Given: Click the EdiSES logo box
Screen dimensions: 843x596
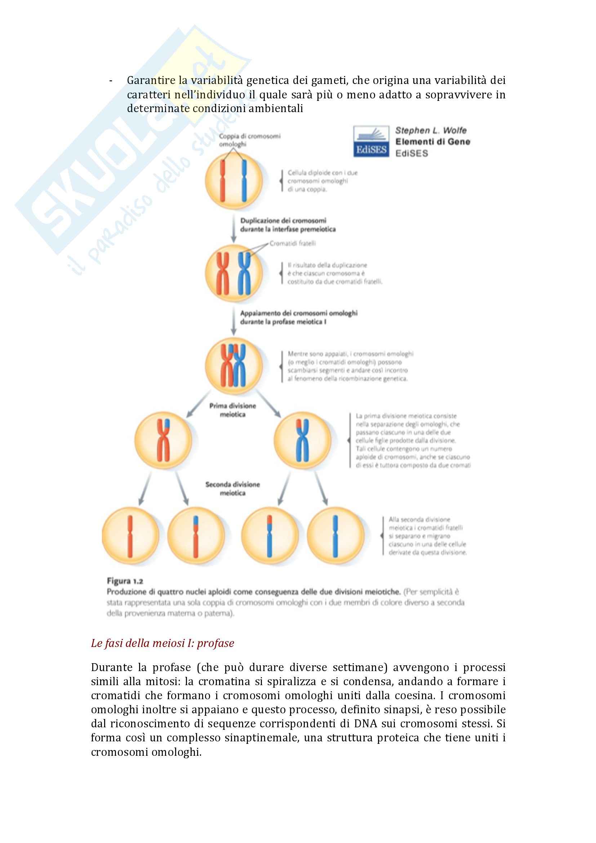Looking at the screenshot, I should pos(371,141).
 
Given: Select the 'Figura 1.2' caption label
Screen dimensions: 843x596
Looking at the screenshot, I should pos(125,581).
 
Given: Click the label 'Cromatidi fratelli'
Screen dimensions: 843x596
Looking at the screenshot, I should pos(293,243).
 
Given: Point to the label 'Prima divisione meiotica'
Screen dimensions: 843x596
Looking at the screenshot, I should pos(233,410).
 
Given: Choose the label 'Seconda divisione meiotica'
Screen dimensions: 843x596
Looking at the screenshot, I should pos(233,488).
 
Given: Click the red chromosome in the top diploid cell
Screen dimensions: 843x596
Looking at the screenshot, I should pos(222,181).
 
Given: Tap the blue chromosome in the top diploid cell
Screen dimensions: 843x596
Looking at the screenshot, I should pos(243,181).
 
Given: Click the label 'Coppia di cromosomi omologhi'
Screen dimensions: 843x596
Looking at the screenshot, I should pos(250,140).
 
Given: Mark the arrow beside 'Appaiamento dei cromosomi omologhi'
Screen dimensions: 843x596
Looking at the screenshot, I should pos(233,320).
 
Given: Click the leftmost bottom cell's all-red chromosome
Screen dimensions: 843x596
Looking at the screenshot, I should pos(130,536).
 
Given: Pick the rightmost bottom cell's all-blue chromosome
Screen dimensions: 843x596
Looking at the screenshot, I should pos(335,536).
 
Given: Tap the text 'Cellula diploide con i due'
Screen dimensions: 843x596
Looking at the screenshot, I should pos(322,173).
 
